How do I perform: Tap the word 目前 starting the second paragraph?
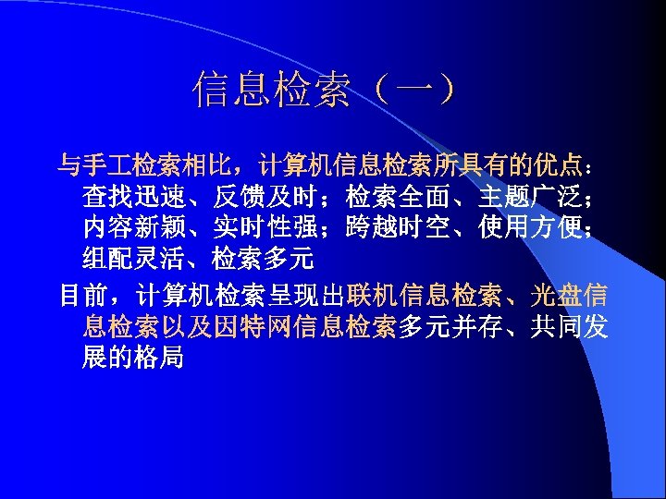point(83,296)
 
